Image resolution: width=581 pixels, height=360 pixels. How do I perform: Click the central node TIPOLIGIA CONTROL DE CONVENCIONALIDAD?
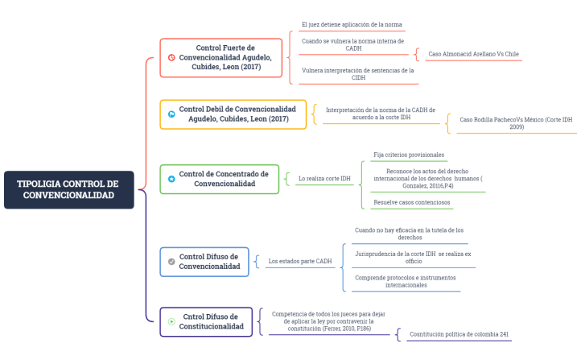pyautogui.click(x=68, y=189)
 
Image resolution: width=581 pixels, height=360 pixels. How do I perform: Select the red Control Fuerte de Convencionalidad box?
pyautogui.click(x=221, y=57)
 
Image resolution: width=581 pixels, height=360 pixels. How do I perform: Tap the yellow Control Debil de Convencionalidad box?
pyautogui.click(x=233, y=114)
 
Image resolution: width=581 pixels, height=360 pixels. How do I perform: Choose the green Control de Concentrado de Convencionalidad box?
pyautogui.click(x=220, y=179)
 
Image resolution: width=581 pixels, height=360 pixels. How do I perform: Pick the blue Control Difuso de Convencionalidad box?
pyautogui.click(x=204, y=261)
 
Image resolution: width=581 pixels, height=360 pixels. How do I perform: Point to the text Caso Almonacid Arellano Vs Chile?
pyautogui.click(x=473, y=54)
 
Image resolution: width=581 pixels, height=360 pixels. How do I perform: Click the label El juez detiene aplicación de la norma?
pyautogui.click(x=352, y=25)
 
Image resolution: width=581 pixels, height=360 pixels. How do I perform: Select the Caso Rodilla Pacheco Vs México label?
pyautogui.click(x=514, y=122)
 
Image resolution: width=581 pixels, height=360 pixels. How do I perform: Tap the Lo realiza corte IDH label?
pyautogui.click(x=324, y=179)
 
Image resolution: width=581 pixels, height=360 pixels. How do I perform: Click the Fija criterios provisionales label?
pyautogui.click(x=409, y=155)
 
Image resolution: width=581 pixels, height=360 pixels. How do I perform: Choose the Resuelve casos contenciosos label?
pyautogui.click(x=411, y=202)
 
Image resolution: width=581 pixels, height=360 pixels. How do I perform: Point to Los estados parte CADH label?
pyautogui.click(x=299, y=261)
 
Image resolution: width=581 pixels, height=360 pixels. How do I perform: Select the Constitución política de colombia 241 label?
pyautogui.click(x=459, y=333)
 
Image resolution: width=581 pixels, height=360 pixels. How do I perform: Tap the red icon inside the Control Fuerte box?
pyautogui.click(x=171, y=57)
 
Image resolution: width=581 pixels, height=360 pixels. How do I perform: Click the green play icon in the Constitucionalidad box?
pyautogui.click(x=171, y=321)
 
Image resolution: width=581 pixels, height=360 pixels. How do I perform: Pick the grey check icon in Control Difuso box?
pyautogui.click(x=171, y=262)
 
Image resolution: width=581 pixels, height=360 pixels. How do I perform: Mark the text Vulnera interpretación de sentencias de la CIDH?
pyautogui.click(x=357, y=74)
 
